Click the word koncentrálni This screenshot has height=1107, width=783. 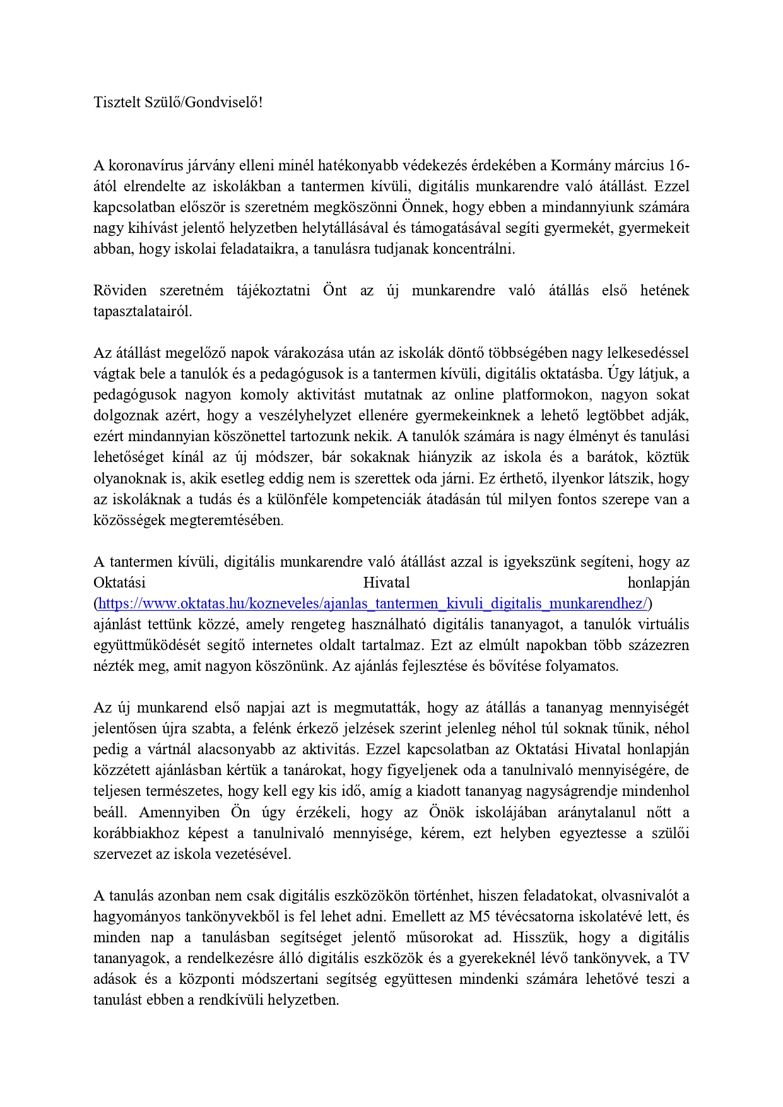[477, 249]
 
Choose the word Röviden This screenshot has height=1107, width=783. [120, 291]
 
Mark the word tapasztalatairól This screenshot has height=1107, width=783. [143, 312]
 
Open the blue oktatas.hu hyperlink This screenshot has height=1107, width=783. [373, 604]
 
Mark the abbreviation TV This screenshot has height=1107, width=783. [678, 958]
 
